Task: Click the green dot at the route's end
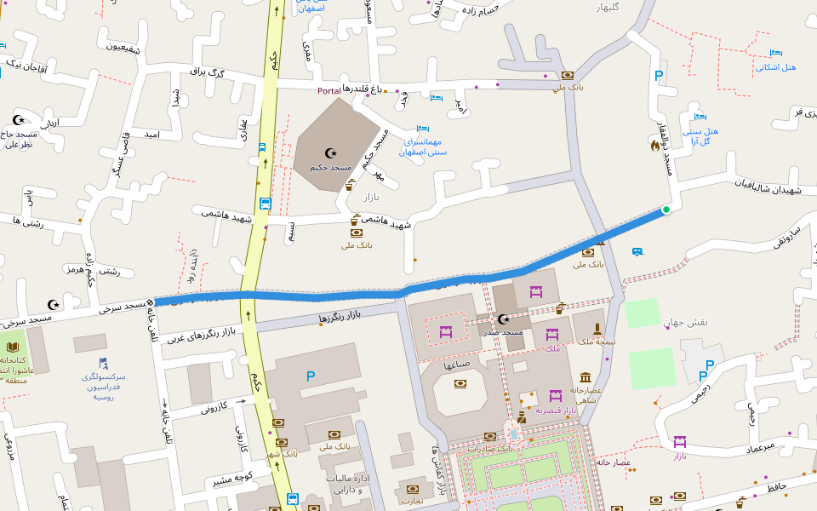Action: (666, 210)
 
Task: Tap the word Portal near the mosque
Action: (329, 90)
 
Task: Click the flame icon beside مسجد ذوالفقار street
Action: (654, 146)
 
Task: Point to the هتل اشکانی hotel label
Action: (775, 67)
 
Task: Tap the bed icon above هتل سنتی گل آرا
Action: (700, 117)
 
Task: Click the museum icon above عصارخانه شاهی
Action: (586, 377)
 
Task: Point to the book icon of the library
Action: (14, 347)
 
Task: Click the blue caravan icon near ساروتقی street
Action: (637, 251)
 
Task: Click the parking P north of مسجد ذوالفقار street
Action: (659, 76)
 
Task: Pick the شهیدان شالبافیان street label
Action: (768, 187)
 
